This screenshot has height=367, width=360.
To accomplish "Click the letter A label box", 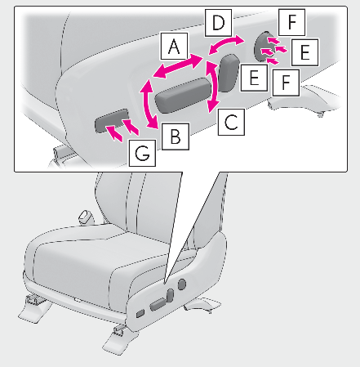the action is click(x=174, y=47).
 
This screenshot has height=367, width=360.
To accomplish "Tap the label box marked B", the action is click(x=176, y=137).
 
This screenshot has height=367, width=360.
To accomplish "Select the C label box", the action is click(x=231, y=122).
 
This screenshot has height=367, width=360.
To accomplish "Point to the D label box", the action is click(x=219, y=23).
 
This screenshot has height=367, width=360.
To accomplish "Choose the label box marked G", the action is click(x=142, y=153).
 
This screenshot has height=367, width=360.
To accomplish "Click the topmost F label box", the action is click(x=291, y=22).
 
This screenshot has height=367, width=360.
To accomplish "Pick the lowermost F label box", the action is click(x=286, y=83).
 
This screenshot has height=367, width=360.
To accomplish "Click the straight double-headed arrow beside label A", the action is click(x=178, y=66).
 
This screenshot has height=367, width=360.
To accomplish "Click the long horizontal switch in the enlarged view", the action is click(x=183, y=95).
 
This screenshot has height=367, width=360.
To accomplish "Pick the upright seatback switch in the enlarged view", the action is click(x=229, y=73).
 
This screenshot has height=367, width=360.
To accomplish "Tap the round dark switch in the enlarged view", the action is click(x=261, y=47).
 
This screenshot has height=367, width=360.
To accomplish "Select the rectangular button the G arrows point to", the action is click(x=112, y=121).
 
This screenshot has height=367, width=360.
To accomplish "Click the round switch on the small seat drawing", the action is click(x=182, y=284).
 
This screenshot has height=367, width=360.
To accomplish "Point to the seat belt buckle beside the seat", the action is click(x=86, y=217).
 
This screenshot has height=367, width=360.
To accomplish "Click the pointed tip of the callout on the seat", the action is click(x=165, y=284).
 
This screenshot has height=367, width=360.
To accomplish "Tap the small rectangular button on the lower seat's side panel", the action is click(x=140, y=314).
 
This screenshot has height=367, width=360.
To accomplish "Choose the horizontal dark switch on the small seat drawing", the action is click(x=158, y=304).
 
